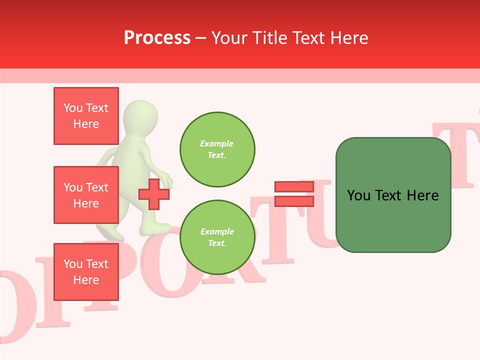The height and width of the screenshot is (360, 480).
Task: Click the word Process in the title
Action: point(157,37)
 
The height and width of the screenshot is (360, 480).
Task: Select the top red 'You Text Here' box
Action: point(86,116)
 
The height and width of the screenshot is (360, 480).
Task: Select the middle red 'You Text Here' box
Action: point(86,195)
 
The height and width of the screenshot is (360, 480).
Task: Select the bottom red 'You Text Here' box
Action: point(86,271)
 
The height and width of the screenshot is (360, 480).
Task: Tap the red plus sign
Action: point(153,194)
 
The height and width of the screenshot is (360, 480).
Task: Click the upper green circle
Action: point(217,149)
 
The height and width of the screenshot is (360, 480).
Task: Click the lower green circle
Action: point(217,237)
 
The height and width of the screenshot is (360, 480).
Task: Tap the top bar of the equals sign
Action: point(294,186)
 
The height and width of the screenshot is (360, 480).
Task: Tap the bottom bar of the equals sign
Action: point(294,201)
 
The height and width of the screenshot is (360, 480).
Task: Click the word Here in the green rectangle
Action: point(422,195)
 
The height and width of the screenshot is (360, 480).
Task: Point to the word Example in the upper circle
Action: point(216,143)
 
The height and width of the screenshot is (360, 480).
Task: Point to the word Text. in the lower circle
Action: point(217,243)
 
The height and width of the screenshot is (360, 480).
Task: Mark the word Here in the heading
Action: point(348,38)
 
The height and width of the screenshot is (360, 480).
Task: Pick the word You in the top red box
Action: point(73,108)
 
